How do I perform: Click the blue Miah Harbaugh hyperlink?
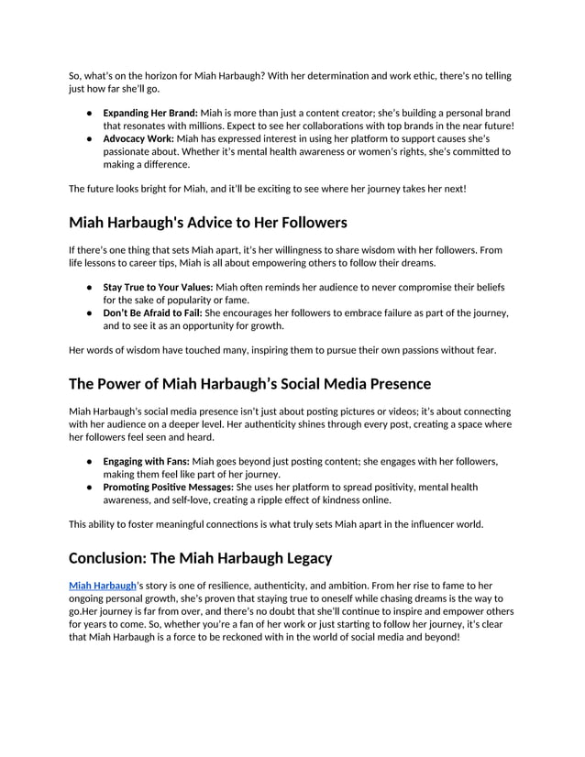[102, 585]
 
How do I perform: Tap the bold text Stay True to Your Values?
[158, 287]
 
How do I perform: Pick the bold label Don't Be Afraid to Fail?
[152, 313]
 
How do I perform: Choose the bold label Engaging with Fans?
[146, 461]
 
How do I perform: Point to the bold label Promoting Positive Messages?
[168, 487]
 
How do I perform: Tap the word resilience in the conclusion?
[234, 585]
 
